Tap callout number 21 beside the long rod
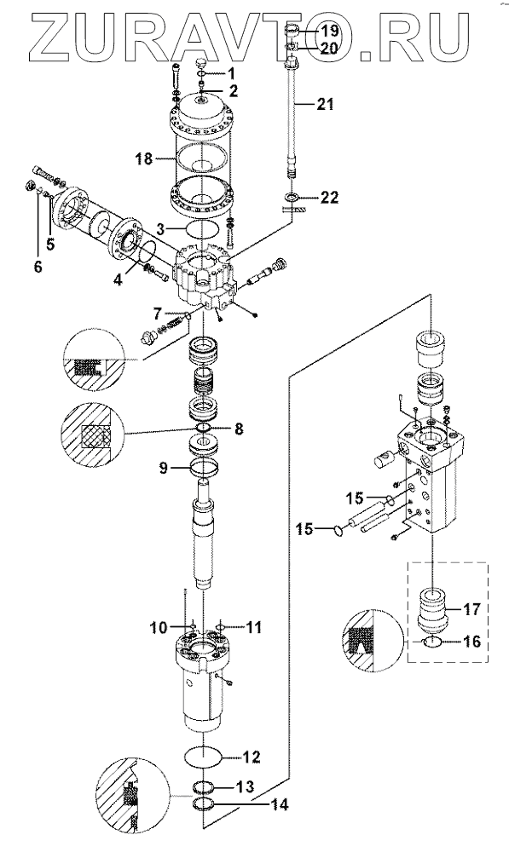click(x=325, y=104)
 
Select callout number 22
click(x=329, y=197)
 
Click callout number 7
click(x=158, y=314)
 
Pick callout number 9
click(x=165, y=468)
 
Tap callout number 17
click(x=471, y=608)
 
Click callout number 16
click(x=471, y=642)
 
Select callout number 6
click(x=38, y=267)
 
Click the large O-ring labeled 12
click(x=203, y=757)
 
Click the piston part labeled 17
click(x=432, y=611)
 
